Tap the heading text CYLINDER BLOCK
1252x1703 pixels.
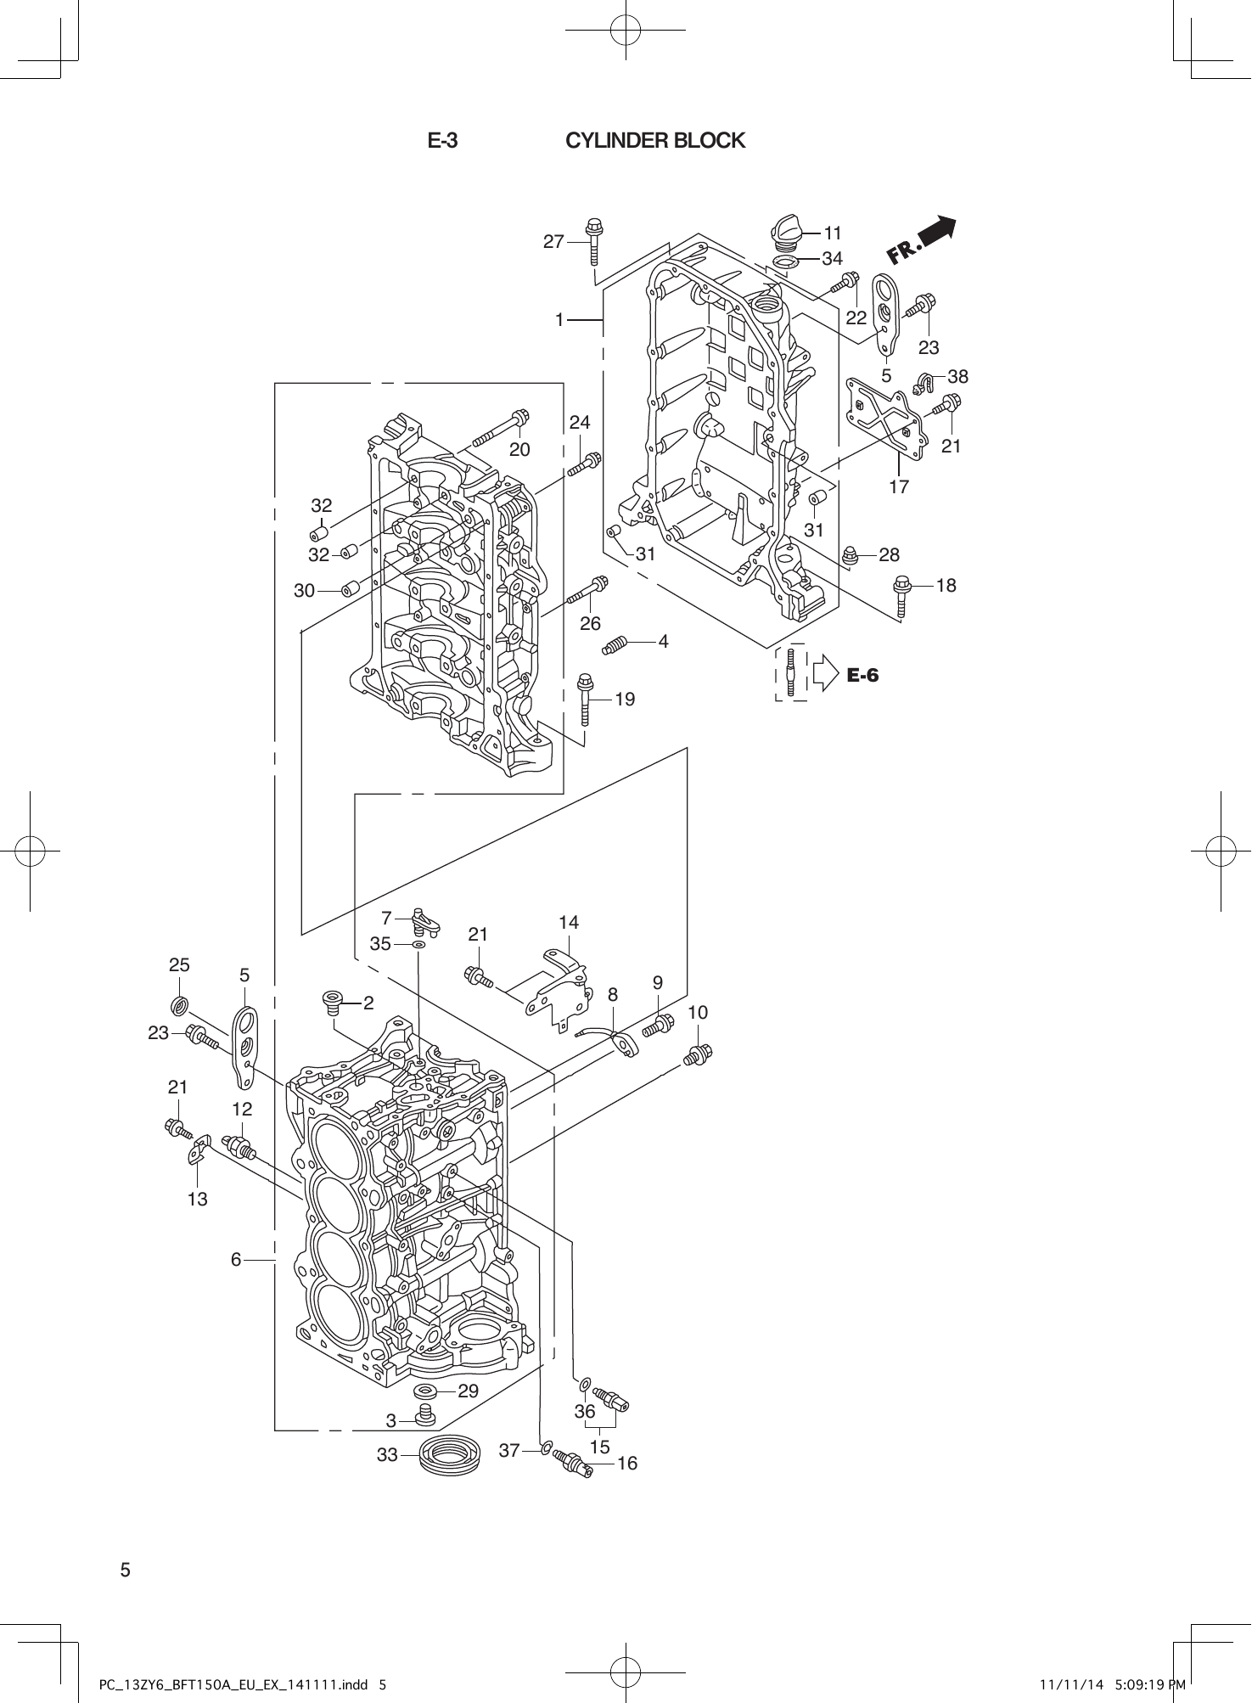point(654,141)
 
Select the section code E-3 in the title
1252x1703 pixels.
point(442,141)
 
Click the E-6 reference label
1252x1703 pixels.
point(862,675)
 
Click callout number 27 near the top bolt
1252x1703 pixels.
point(553,242)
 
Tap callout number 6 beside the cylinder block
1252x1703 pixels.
point(237,1260)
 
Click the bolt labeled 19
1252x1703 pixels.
point(585,698)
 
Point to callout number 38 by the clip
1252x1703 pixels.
point(957,376)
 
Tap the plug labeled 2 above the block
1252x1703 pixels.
point(333,1003)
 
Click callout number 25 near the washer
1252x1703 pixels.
point(179,965)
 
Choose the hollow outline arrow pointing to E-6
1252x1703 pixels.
point(825,674)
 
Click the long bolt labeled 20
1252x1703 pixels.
point(497,428)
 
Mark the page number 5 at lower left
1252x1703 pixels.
point(126,1569)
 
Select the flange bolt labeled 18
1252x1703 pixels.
point(901,595)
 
